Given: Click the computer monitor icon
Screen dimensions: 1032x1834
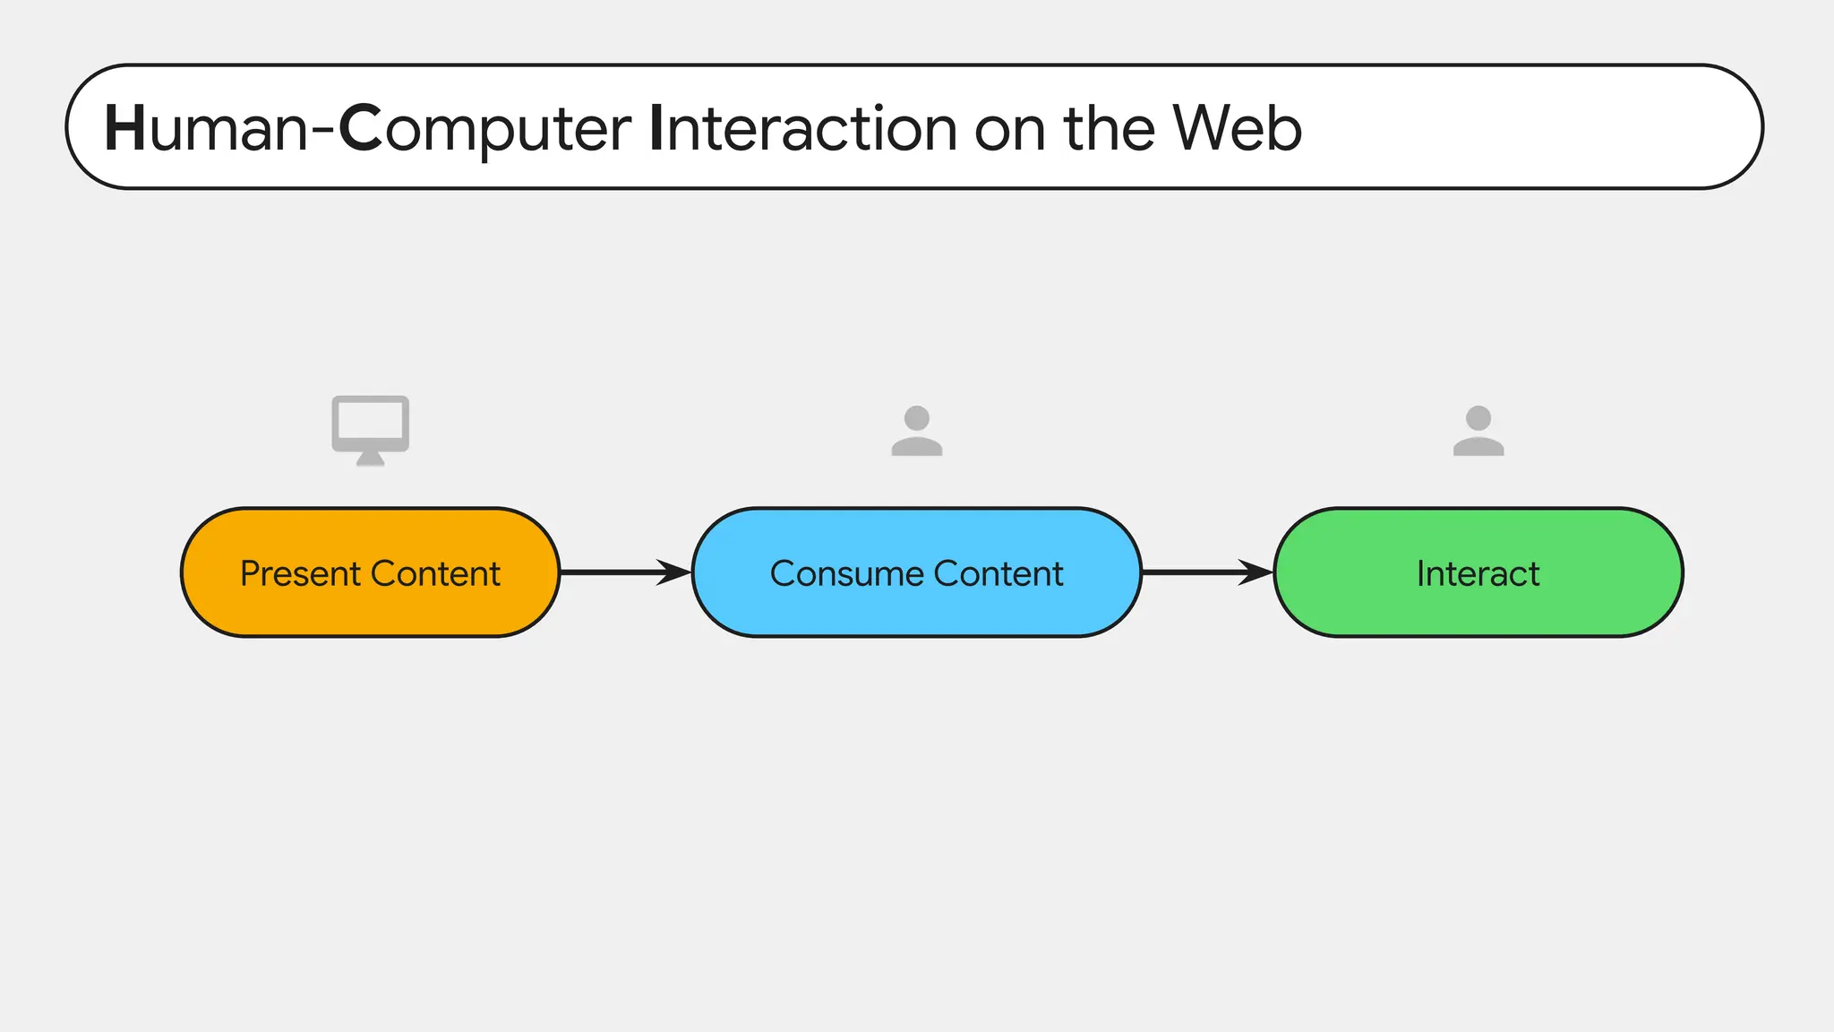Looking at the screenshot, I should (x=370, y=425).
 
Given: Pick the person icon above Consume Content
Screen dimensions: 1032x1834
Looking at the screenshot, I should (x=916, y=431).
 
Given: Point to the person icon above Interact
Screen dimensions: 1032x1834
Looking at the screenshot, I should (x=1478, y=431).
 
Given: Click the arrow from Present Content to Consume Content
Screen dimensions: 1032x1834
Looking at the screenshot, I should (x=625, y=572).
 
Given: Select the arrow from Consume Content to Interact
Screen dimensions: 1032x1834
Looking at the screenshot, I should (x=1207, y=572).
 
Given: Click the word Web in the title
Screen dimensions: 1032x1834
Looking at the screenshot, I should (x=1237, y=128).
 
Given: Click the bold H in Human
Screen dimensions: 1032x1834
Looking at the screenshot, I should (x=124, y=128).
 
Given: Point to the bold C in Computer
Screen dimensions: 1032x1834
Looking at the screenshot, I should (x=360, y=128).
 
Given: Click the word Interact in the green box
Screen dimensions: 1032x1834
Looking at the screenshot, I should (x=1478, y=573).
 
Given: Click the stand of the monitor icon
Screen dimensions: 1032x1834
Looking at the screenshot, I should (x=370, y=460).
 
